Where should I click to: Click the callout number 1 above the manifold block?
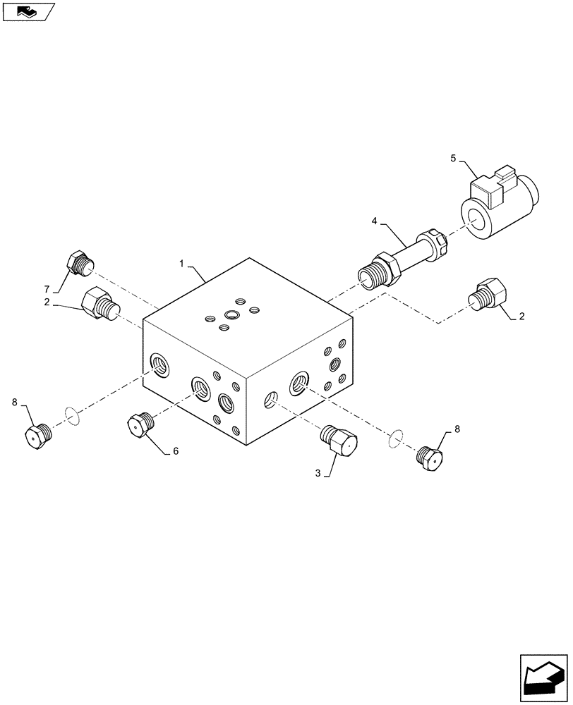181,264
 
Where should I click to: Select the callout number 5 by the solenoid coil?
454,159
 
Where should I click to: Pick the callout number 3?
318,474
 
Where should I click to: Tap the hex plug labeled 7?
80,264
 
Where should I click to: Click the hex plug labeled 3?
340,442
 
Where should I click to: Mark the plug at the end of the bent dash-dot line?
489,295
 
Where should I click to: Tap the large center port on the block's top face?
232,314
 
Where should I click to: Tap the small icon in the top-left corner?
28,11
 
